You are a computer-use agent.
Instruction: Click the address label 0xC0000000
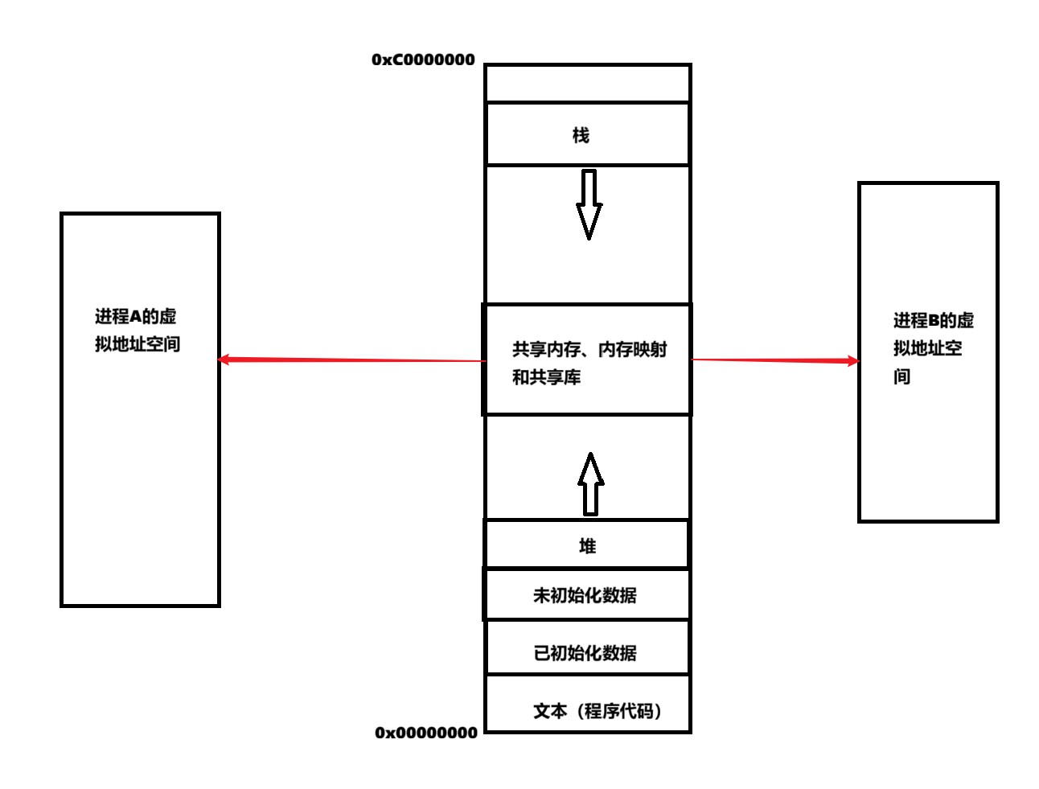423,60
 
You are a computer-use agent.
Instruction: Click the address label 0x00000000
426,733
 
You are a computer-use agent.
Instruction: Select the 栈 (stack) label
581,135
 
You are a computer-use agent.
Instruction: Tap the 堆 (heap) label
588,546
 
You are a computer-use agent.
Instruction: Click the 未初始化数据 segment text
585,595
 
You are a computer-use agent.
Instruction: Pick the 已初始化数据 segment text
585,653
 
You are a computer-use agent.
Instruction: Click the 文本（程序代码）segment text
598,711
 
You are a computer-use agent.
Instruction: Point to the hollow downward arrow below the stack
589,204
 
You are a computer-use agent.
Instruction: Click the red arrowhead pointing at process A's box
225,360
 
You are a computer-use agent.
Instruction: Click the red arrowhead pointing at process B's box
852,361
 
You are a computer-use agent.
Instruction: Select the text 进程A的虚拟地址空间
137,331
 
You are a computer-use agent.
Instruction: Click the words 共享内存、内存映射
589,349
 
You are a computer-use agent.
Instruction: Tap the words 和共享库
546,377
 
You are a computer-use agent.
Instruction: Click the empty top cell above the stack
588,84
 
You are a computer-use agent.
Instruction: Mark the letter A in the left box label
135,317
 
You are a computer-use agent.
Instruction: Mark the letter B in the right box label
934,321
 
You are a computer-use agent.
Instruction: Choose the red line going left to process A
354,360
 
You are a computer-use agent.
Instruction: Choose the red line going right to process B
772,360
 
